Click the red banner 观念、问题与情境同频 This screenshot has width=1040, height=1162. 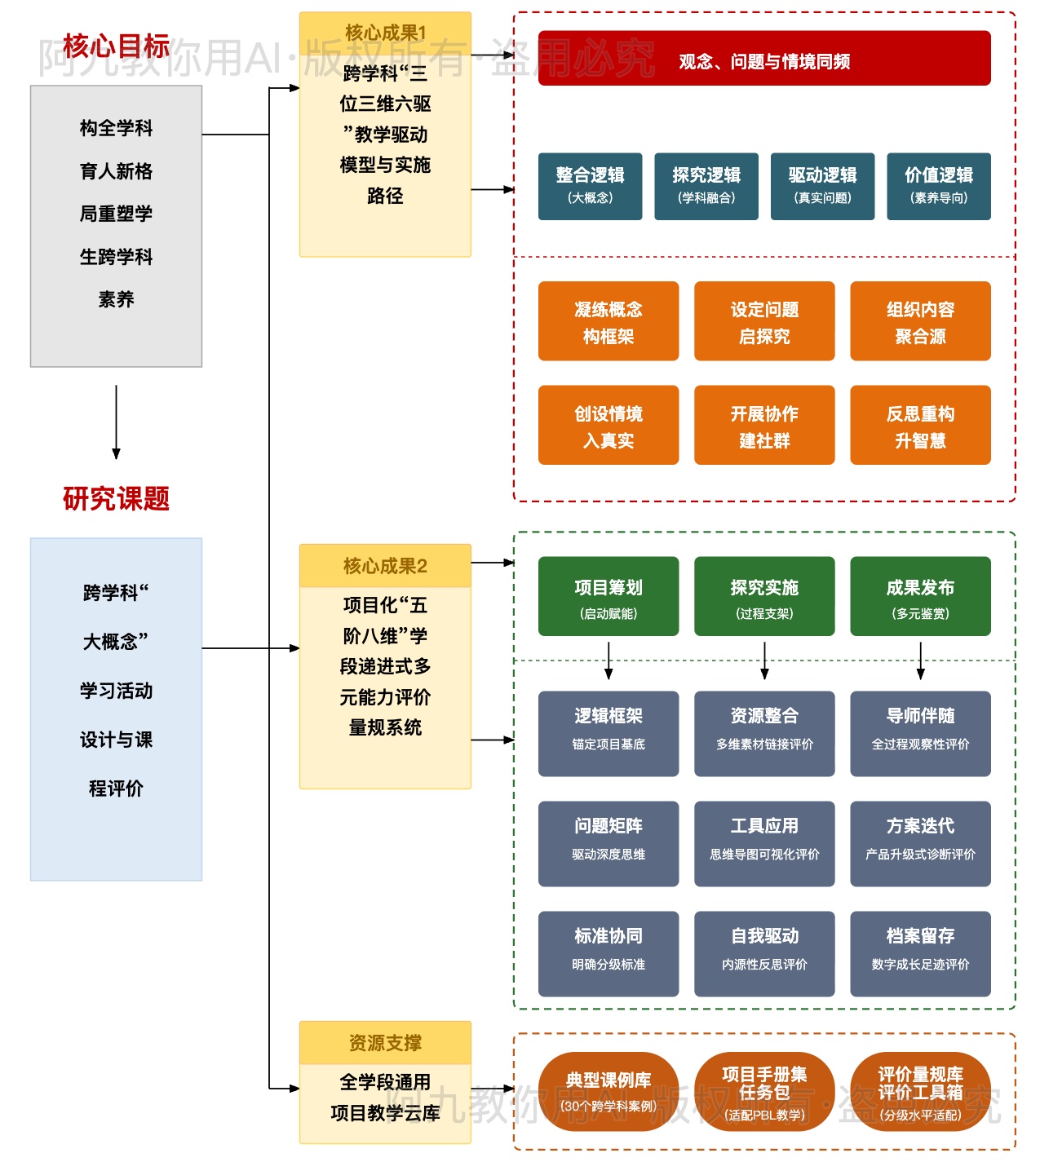[x=764, y=59]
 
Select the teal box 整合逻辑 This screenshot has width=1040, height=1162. [x=590, y=186]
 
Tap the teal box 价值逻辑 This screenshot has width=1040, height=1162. [x=938, y=186]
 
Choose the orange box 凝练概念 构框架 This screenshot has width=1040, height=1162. [x=608, y=321]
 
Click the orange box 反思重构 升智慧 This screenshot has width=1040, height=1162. [x=920, y=425]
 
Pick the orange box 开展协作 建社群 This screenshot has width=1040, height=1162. [x=764, y=425]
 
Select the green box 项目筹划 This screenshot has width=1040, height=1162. [x=608, y=596]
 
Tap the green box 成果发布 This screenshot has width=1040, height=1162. [x=920, y=596]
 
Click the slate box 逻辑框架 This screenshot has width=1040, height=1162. [x=608, y=733]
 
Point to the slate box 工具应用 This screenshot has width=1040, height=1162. [x=764, y=843]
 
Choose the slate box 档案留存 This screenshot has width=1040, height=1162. [x=920, y=953]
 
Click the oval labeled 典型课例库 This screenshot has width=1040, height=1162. [x=608, y=1090]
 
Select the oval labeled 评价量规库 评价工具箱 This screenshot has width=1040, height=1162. [x=920, y=1090]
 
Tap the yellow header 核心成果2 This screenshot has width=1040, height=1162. [x=385, y=566]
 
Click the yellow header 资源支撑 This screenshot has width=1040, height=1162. [x=385, y=1043]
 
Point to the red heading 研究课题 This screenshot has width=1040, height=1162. [x=116, y=498]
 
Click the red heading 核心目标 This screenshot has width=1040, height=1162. [x=116, y=46]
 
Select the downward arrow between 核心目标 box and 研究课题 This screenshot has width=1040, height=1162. [x=116, y=422]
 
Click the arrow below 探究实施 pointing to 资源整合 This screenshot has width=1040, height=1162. [x=764, y=661]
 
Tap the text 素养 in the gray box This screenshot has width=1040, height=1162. [x=116, y=299]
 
